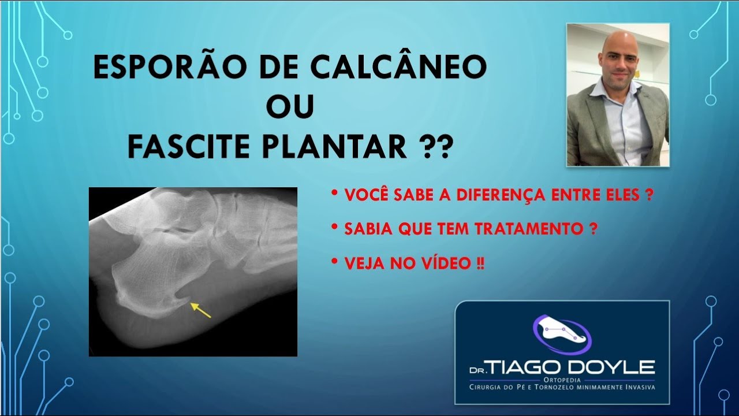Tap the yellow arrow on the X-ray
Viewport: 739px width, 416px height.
200,310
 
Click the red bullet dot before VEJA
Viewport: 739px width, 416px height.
335,261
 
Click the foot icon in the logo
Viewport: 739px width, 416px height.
560,333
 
